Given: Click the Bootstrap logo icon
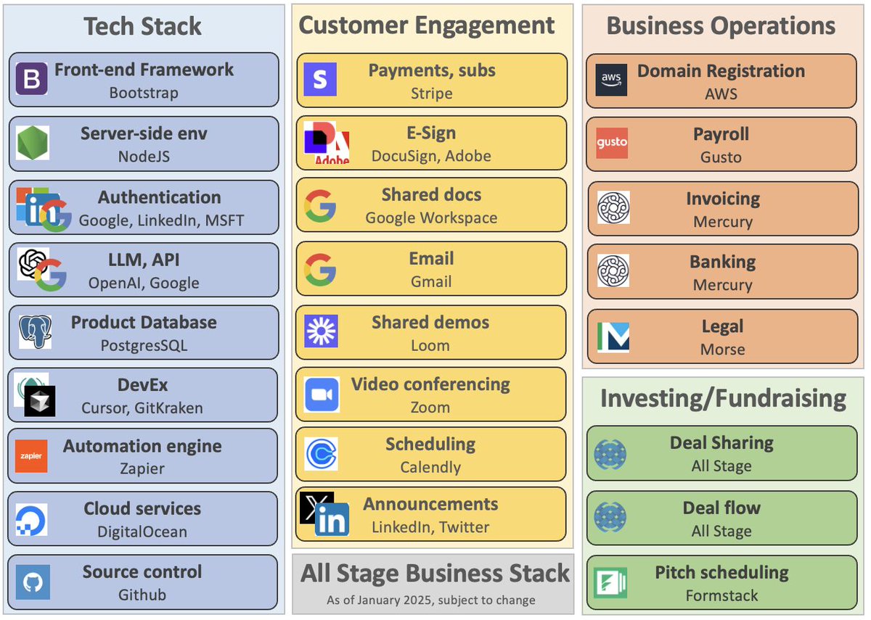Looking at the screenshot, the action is (31, 80).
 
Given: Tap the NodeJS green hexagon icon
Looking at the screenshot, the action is (32, 143).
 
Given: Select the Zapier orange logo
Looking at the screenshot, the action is (31, 456).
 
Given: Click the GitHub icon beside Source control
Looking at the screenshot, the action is (33, 582).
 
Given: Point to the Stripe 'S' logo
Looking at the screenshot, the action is (320, 80).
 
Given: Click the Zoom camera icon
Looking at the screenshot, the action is (322, 395).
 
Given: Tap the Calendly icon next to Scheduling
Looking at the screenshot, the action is (321, 455).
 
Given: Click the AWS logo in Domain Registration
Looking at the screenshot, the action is (611, 80).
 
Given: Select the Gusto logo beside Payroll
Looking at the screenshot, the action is (611, 143).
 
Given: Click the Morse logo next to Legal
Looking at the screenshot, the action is (613, 337).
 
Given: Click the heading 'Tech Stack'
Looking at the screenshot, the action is (143, 27).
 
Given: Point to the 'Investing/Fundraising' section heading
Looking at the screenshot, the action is (723, 398).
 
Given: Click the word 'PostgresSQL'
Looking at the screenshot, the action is (144, 345).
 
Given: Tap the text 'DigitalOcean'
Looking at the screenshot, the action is (142, 532).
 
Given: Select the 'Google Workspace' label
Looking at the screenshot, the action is (431, 218).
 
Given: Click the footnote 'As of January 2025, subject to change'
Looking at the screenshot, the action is (431, 600).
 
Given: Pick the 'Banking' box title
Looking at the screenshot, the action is (722, 262).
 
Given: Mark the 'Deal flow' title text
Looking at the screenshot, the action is (721, 508).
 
